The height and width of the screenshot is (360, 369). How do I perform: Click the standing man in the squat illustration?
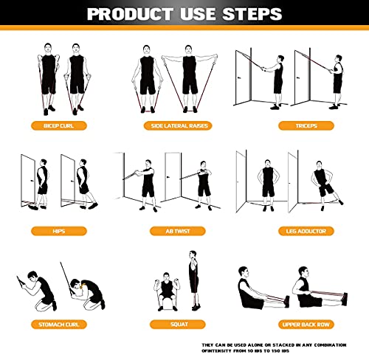pos(193,284)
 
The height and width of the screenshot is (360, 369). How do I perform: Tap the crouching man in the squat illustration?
pos(165,291)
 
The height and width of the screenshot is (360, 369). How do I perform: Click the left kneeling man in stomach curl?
pos(41,291)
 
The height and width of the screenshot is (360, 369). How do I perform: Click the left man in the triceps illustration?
pos(275,77)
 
